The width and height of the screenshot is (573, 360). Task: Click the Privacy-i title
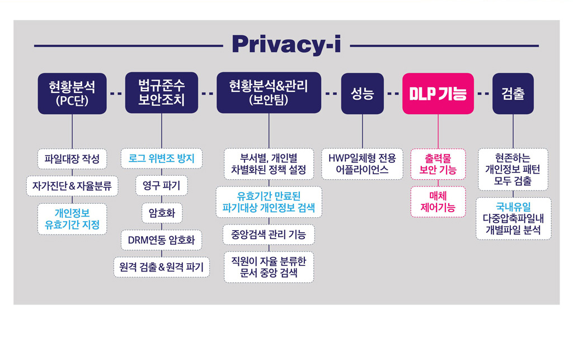click(x=286, y=45)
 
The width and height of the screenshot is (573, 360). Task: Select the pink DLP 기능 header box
click(x=438, y=93)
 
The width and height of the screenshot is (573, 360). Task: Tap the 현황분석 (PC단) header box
click(x=72, y=93)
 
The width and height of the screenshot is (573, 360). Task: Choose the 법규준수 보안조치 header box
click(x=162, y=93)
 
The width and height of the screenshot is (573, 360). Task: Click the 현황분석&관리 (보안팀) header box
click(x=269, y=93)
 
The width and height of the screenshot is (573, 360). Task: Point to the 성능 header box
click(x=362, y=93)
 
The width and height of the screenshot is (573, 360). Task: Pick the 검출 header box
click(x=513, y=93)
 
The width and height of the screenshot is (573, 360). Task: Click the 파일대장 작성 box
click(x=72, y=158)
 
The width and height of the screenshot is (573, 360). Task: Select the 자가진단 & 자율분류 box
click(x=72, y=186)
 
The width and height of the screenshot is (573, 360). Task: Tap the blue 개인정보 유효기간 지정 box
click(x=72, y=219)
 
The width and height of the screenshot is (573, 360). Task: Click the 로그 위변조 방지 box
click(x=162, y=158)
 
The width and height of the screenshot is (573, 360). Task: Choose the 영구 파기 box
click(x=162, y=186)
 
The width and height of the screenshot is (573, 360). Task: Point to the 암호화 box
click(x=162, y=213)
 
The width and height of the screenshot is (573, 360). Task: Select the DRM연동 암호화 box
click(x=161, y=240)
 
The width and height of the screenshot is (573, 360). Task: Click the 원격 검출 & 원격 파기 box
click(x=161, y=267)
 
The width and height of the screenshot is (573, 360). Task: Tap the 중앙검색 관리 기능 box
click(x=269, y=234)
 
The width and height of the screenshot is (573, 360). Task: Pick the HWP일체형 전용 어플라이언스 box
click(x=362, y=163)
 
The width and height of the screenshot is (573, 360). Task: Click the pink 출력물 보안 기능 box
click(x=438, y=164)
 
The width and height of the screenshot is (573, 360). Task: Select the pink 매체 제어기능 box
click(x=438, y=202)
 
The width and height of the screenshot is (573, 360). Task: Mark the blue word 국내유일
click(x=513, y=207)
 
